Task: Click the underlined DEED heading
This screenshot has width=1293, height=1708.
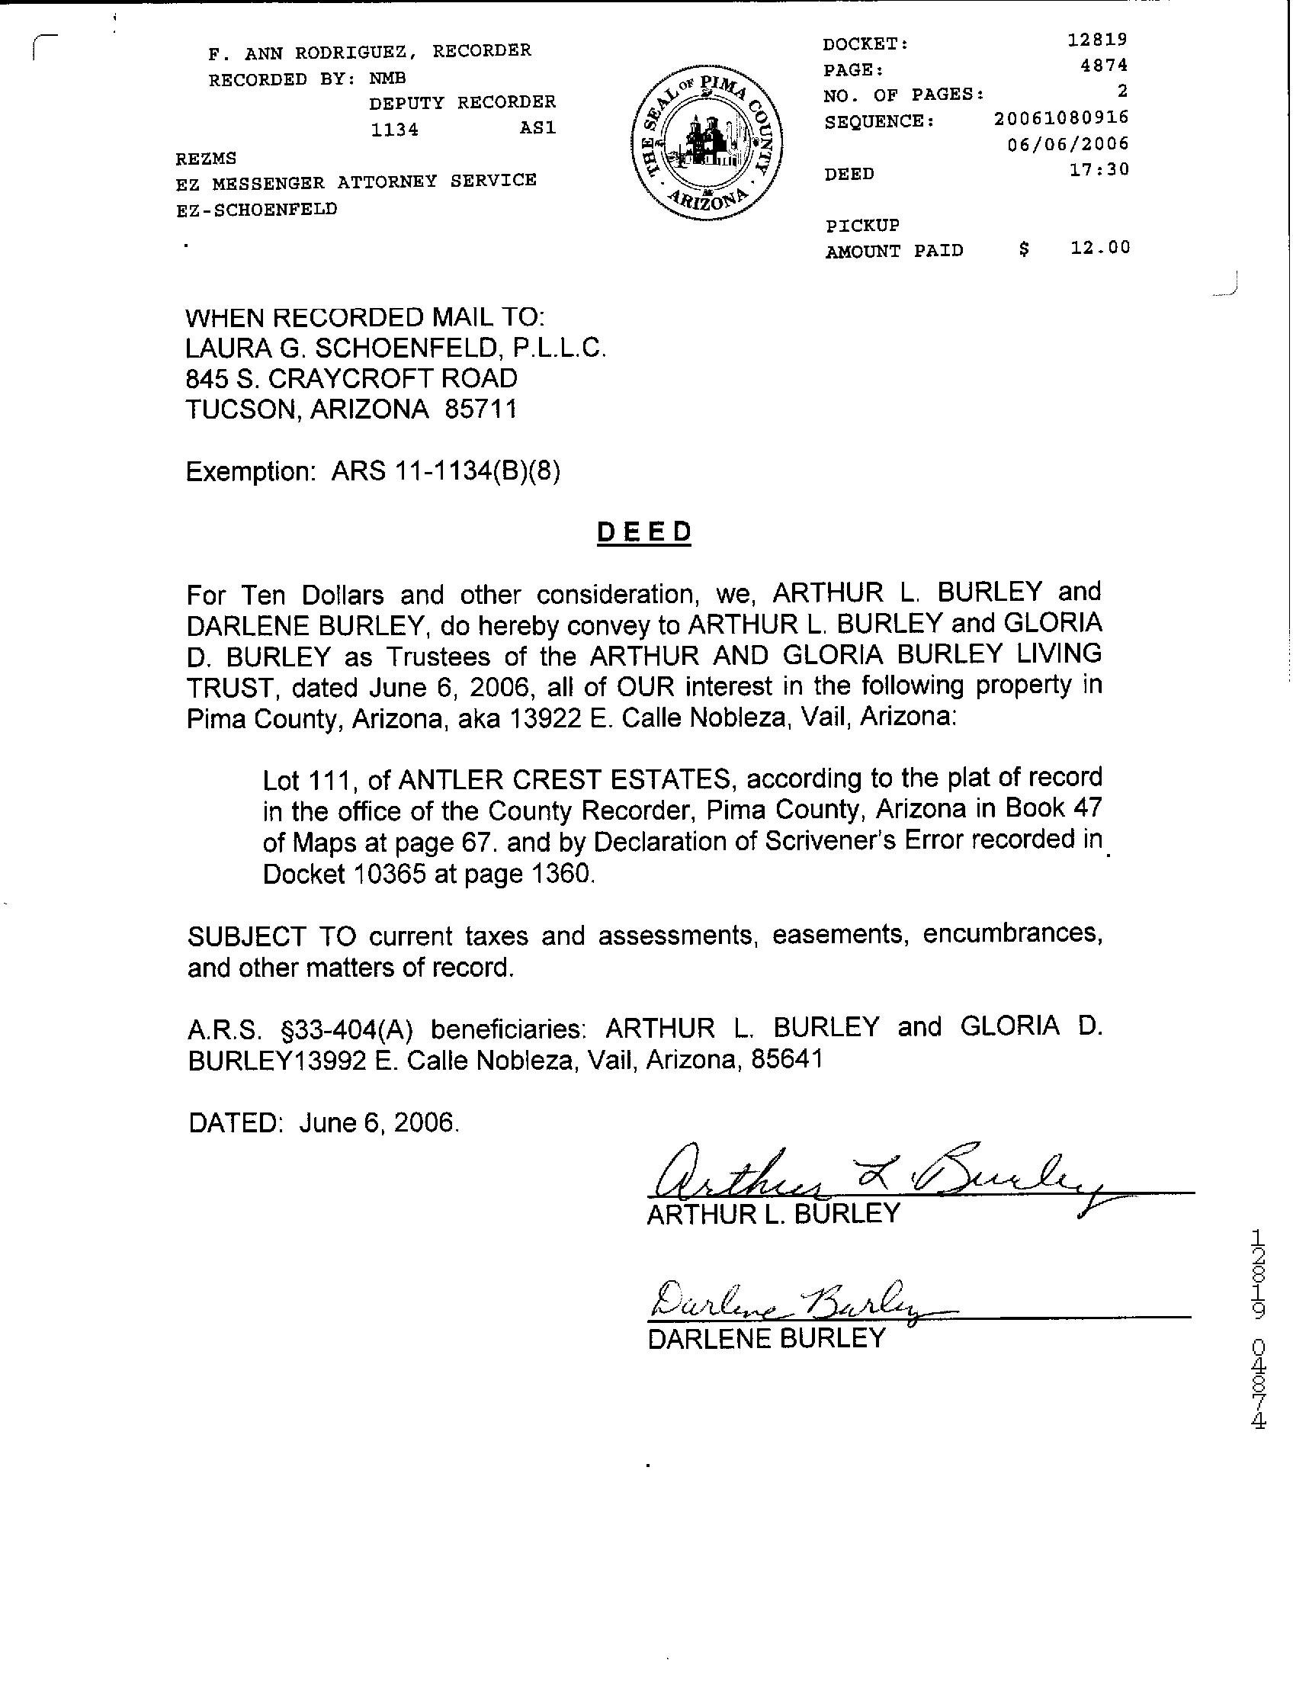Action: point(643,533)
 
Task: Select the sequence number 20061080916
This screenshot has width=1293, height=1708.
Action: point(1061,118)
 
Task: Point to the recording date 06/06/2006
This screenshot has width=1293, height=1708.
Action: point(1068,143)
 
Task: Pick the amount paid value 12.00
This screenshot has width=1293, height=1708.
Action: point(1101,248)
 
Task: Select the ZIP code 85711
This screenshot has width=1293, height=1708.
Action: point(480,409)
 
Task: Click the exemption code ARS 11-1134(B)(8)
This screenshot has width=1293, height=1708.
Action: point(445,470)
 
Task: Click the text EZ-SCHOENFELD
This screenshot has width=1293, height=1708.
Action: point(256,210)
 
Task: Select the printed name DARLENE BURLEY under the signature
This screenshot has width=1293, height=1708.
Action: point(766,1339)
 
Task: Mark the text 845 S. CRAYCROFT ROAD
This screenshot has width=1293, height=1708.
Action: point(351,378)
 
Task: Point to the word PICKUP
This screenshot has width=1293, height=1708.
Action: point(862,226)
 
